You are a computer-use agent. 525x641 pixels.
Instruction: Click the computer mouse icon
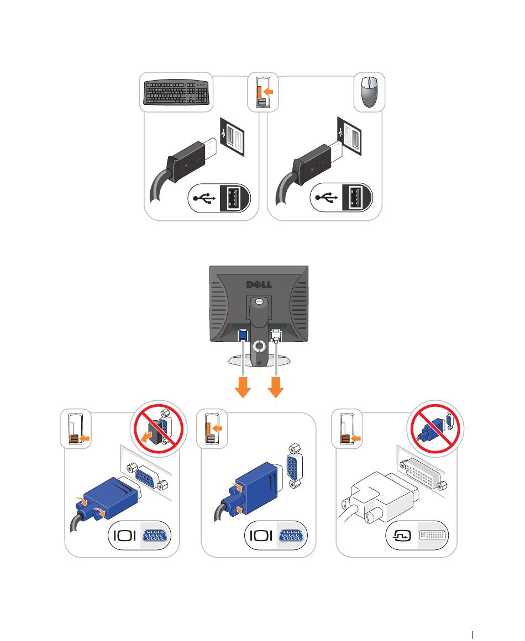[x=369, y=92]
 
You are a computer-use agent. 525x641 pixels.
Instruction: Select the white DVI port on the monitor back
[x=276, y=335]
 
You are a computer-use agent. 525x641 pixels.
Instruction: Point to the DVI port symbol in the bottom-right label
[x=433, y=536]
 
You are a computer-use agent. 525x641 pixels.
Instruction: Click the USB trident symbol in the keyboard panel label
[x=204, y=198]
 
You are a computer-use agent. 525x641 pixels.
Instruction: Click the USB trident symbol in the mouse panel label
[x=327, y=198]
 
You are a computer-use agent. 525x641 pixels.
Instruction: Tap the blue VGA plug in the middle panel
[x=257, y=483]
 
